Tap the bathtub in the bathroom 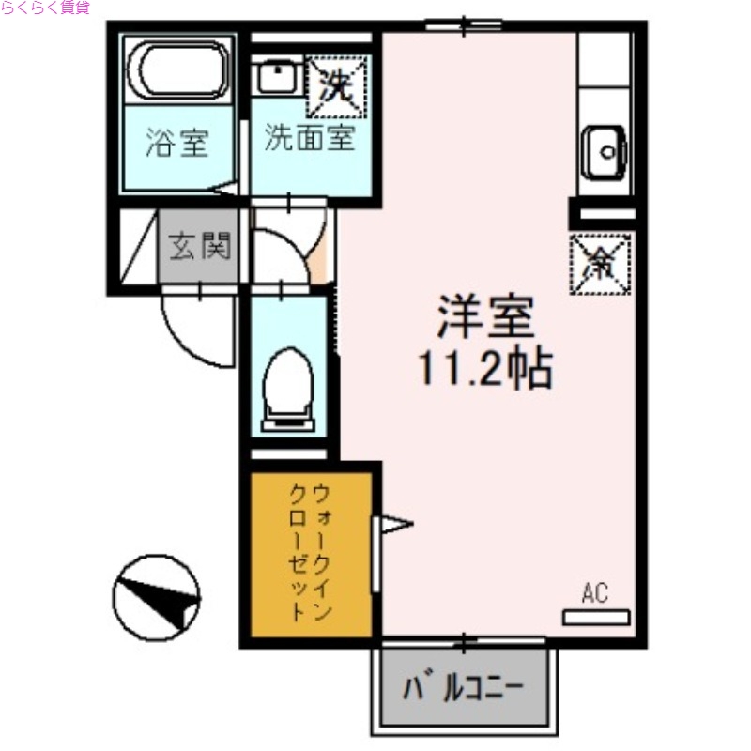178,69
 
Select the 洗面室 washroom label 309,139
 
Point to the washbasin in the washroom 276,77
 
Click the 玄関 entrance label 198,249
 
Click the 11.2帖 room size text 484,369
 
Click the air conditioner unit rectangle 596,617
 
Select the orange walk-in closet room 310,553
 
